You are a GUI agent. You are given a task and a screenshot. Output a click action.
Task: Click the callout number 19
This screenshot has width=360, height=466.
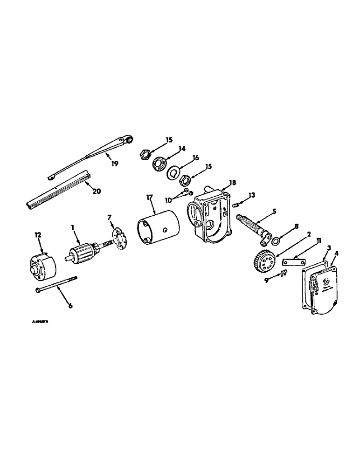[114, 163]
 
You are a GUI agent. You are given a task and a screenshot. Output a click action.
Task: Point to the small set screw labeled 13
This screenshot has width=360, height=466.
[236, 204]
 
